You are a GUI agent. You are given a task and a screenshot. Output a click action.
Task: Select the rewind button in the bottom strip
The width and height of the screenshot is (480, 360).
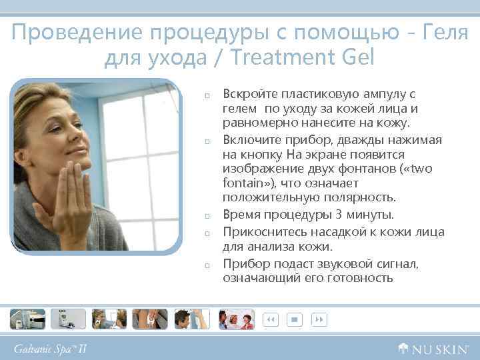point(271,319)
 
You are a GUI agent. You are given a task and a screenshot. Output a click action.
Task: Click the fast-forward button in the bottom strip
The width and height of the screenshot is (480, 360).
point(319,319)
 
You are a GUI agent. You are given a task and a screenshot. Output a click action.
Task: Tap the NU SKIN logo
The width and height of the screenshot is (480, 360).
point(433,348)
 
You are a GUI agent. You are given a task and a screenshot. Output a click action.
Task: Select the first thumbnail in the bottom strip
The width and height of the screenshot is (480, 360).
point(27,319)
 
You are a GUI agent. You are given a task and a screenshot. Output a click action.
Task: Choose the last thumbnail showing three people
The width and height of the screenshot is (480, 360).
point(237,319)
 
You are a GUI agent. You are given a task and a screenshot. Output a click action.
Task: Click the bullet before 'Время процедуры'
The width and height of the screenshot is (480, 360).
point(208,216)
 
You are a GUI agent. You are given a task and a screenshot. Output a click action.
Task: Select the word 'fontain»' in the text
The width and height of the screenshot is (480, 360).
point(245,182)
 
